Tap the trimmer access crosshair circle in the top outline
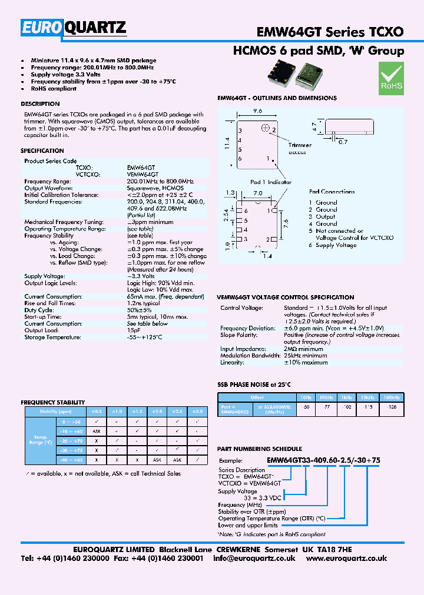click(x=266, y=127)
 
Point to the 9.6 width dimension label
click(x=257, y=111)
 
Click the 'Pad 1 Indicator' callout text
click(x=271, y=182)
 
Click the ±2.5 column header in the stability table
click(x=177, y=411)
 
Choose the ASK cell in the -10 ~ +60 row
click(x=96, y=431)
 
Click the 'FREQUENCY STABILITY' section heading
click(x=50, y=402)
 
